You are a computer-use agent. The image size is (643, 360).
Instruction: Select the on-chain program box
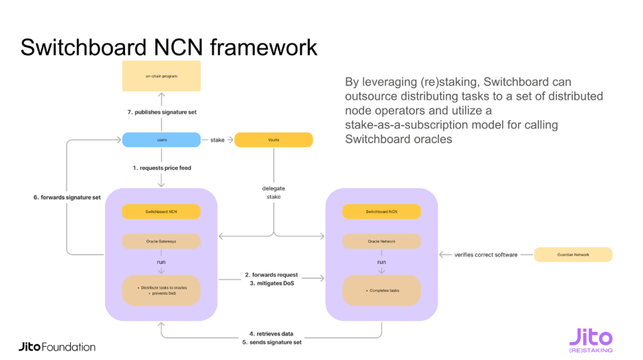tap(161, 76)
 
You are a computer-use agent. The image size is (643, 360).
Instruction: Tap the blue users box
tap(161, 139)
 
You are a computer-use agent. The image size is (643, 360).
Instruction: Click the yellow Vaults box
tap(273, 139)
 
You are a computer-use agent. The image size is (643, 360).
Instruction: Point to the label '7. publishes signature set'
tap(161, 112)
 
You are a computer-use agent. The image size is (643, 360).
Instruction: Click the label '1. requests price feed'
tap(161, 168)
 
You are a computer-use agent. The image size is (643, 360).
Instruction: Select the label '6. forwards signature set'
tap(67, 197)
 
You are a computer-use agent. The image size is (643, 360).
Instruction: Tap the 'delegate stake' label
tap(273, 192)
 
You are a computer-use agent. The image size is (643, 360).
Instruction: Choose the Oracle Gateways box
tap(161, 241)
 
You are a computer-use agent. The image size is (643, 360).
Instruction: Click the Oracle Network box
tap(381, 241)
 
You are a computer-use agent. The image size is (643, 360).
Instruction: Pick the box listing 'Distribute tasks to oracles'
tap(161, 291)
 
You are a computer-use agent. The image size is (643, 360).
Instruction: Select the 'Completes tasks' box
tap(381, 291)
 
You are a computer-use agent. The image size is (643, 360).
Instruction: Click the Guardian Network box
tap(573, 255)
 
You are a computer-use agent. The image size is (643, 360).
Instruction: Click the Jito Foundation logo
tap(57, 347)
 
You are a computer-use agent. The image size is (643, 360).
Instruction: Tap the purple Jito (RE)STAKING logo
tap(590, 339)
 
